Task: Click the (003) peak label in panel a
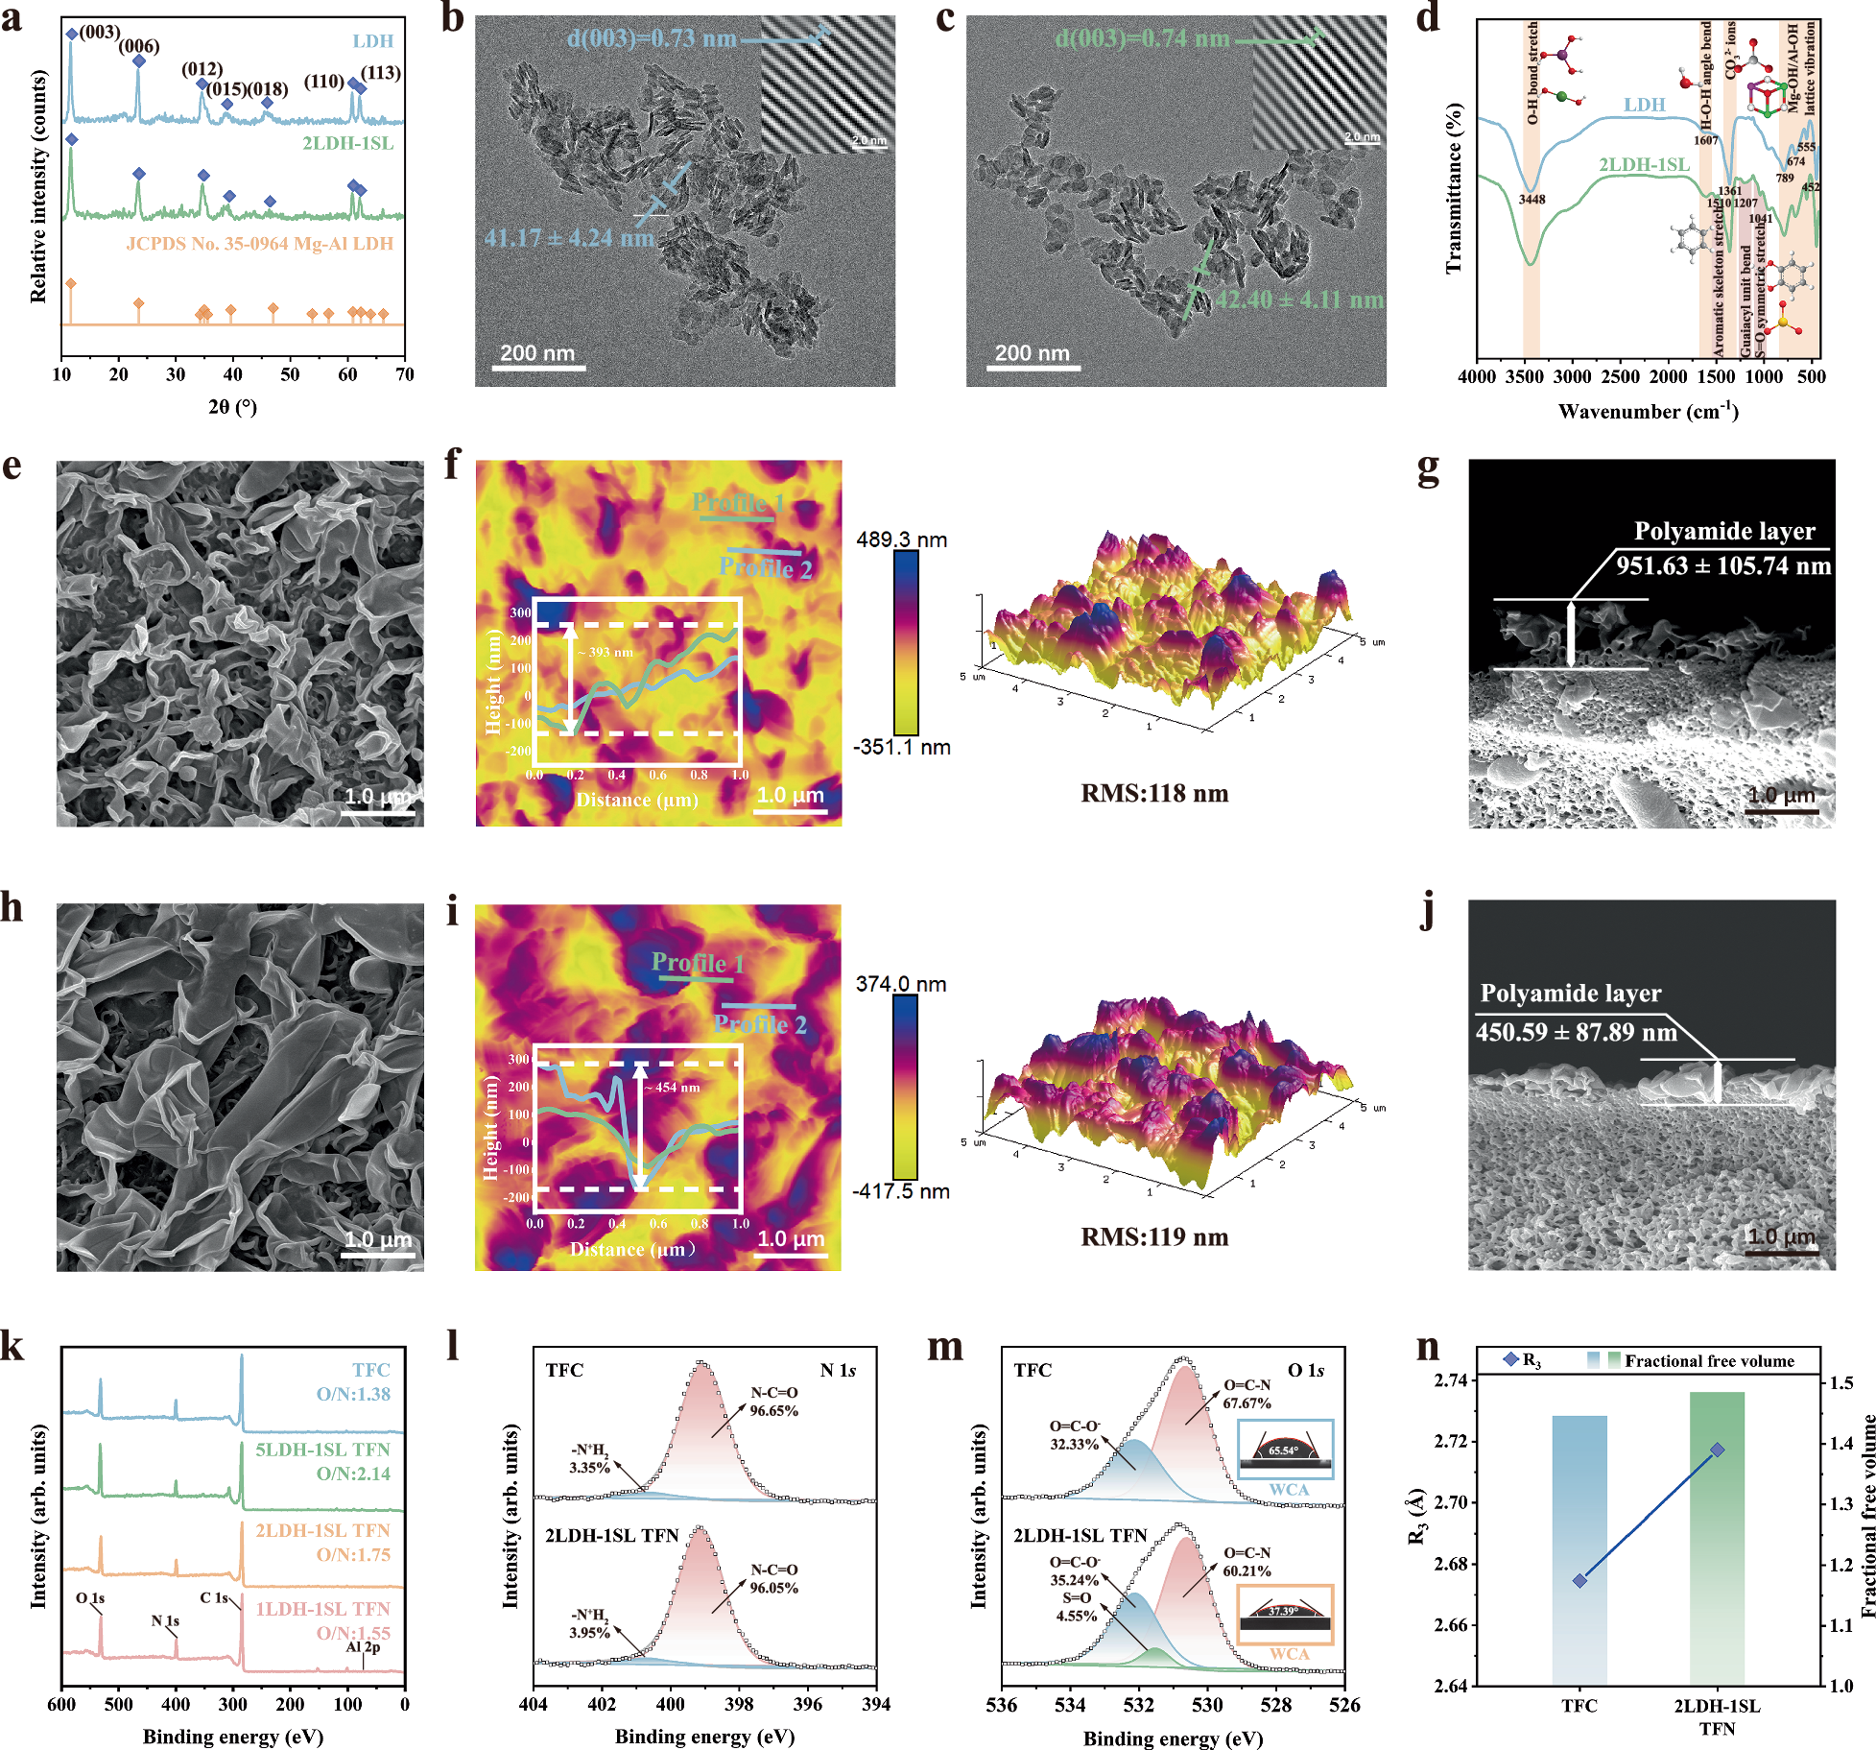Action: [100, 32]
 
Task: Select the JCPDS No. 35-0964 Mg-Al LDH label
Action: [260, 244]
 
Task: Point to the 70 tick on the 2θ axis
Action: [405, 374]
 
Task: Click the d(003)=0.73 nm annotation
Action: [652, 38]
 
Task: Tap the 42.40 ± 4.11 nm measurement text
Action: [1299, 300]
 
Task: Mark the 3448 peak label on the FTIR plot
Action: [1532, 200]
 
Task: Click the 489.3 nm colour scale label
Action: [901, 539]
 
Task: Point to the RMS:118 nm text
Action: [1154, 794]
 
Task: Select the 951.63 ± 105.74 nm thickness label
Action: [1723, 565]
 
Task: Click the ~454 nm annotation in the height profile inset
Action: [677, 1088]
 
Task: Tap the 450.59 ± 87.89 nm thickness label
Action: [1576, 1033]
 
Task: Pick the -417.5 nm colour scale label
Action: [901, 1192]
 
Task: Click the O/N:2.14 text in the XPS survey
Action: [353, 1474]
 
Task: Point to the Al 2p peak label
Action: [363, 1647]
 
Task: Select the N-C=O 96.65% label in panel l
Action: [773, 1402]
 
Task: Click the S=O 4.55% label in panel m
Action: [1077, 1607]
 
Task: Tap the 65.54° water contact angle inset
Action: [1285, 1450]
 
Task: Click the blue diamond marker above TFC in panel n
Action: [1579, 1580]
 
